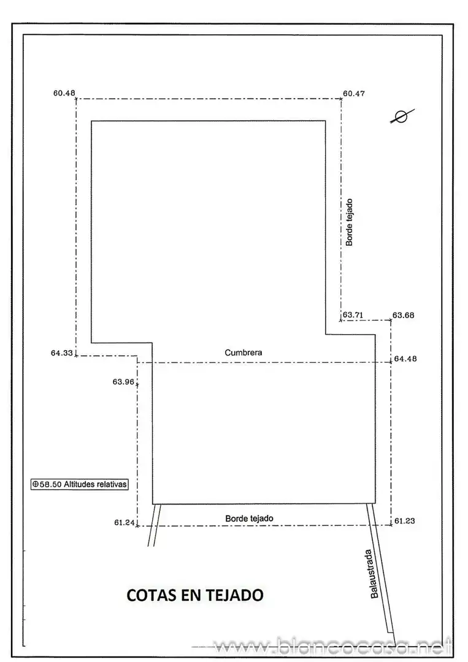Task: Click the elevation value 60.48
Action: [64, 93]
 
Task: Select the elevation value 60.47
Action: [354, 93]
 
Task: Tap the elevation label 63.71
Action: [353, 314]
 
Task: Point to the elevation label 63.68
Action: [404, 315]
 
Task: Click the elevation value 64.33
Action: [62, 352]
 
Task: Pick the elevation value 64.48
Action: [405, 359]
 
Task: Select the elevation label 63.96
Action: [123, 382]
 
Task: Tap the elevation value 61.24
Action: [124, 522]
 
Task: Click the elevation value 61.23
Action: [405, 520]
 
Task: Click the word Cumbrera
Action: [244, 352]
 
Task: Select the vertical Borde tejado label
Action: [349, 223]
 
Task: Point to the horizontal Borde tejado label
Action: [249, 519]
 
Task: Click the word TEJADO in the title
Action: [235, 595]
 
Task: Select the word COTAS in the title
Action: [152, 595]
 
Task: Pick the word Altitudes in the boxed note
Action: [79, 484]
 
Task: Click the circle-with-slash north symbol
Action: [402, 116]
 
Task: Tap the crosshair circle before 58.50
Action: [36, 484]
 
